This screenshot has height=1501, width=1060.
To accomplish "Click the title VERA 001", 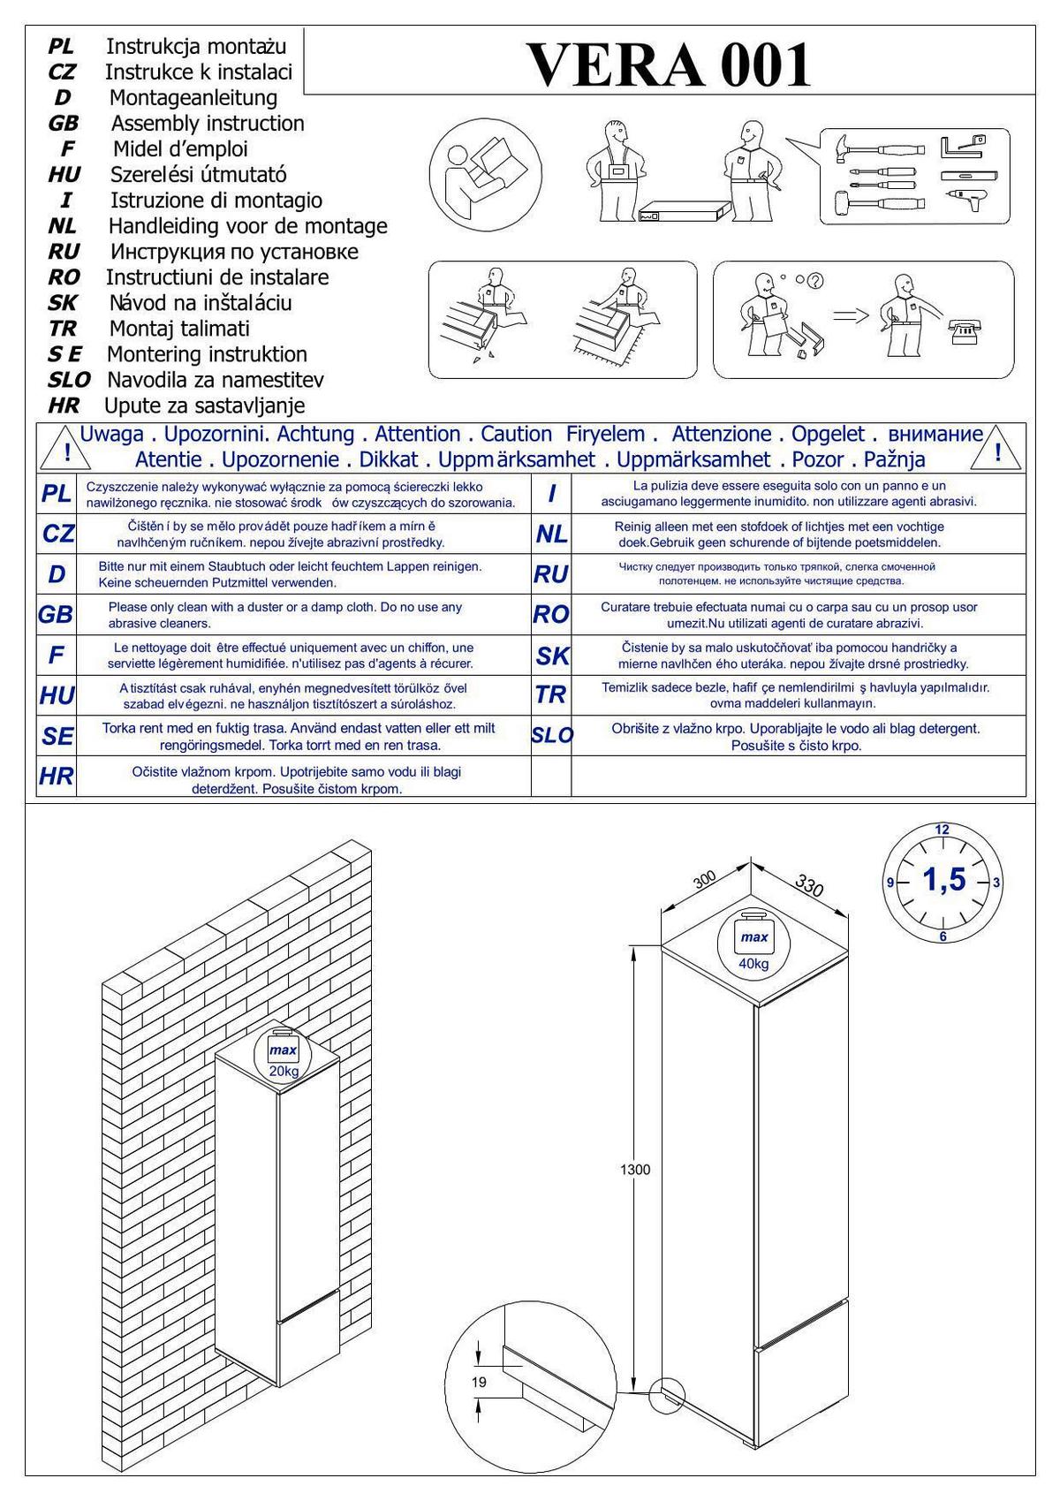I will tap(669, 64).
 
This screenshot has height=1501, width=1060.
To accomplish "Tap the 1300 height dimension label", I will tap(634, 1170).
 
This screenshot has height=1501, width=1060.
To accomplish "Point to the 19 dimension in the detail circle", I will tap(479, 1382).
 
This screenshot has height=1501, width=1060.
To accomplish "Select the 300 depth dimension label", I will tap(704, 880).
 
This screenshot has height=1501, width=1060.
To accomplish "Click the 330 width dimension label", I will tap(809, 884).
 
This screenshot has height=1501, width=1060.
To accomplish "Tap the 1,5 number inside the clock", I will tap(943, 880).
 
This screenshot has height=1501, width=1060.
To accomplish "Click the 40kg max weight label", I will tap(753, 964).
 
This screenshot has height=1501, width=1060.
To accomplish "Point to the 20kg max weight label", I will tap(284, 1072).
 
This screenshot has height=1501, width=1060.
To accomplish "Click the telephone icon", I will tap(965, 333).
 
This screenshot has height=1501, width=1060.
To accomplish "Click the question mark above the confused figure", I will tap(814, 281).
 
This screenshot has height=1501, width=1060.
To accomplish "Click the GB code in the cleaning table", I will tap(56, 614).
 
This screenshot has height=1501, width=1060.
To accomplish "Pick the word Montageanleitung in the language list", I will tap(193, 97).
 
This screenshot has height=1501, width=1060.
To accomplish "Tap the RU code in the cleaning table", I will tap(550, 574).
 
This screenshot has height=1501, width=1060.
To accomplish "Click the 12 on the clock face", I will tap(942, 830).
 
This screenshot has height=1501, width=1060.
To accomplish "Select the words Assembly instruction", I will tap(207, 123).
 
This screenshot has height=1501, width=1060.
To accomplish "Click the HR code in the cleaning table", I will tap(56, 777).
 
